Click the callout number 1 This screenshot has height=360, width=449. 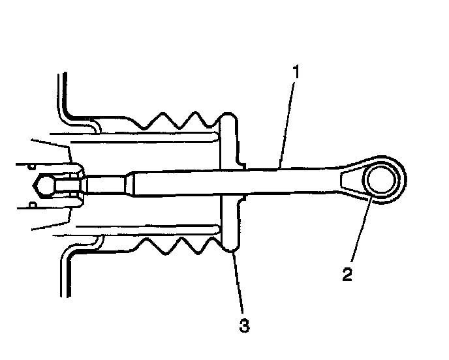(296, 72)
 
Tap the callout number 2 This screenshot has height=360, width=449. (348, 273)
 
